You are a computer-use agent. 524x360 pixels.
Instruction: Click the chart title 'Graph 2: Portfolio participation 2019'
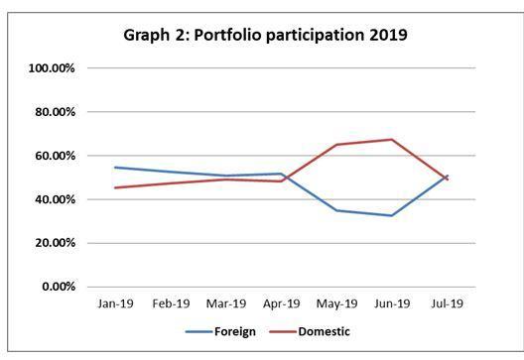(265, 35)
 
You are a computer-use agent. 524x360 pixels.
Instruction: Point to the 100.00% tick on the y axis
(54, 68)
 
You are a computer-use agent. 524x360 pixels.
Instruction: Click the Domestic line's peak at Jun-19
(392, 139)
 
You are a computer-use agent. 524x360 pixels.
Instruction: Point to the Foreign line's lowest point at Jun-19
(392, 215)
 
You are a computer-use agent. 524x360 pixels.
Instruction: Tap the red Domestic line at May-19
(336, 145)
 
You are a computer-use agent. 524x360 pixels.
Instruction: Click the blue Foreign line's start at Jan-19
(115, 168)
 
